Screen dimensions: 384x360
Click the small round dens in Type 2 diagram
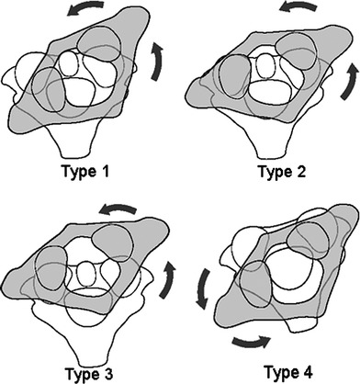(x=264, y=65)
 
